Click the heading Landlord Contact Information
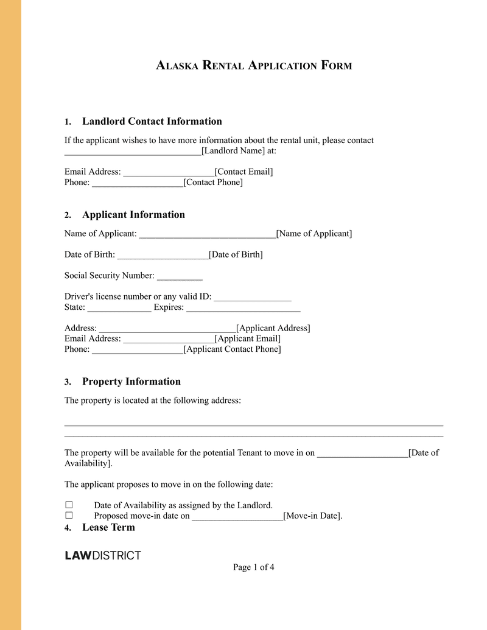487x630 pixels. [x=152, y=121]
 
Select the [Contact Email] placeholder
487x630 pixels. [x=244, y=172]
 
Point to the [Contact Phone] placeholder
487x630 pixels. [x=213, y=182]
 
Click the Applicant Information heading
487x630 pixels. [x=133, y=214]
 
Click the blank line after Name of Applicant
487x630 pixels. [x=207, y=234]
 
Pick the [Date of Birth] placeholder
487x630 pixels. [x=236, y=254]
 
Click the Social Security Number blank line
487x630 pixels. [x=180, y=276]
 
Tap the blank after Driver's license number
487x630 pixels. [x=253, y=297]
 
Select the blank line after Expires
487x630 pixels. [x=243, y=307]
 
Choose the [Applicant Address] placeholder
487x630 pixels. [x=273, y=328]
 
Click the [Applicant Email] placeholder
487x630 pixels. [x=248, y=338]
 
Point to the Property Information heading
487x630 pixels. [x=131, y=382]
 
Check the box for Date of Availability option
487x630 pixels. [x=69, y=505]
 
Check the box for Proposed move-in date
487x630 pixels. [x=69, y=516]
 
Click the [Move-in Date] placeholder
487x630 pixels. [x=313, y=516]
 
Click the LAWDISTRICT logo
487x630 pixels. [x=103, y=555]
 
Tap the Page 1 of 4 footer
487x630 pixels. [x=254, y=567]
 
